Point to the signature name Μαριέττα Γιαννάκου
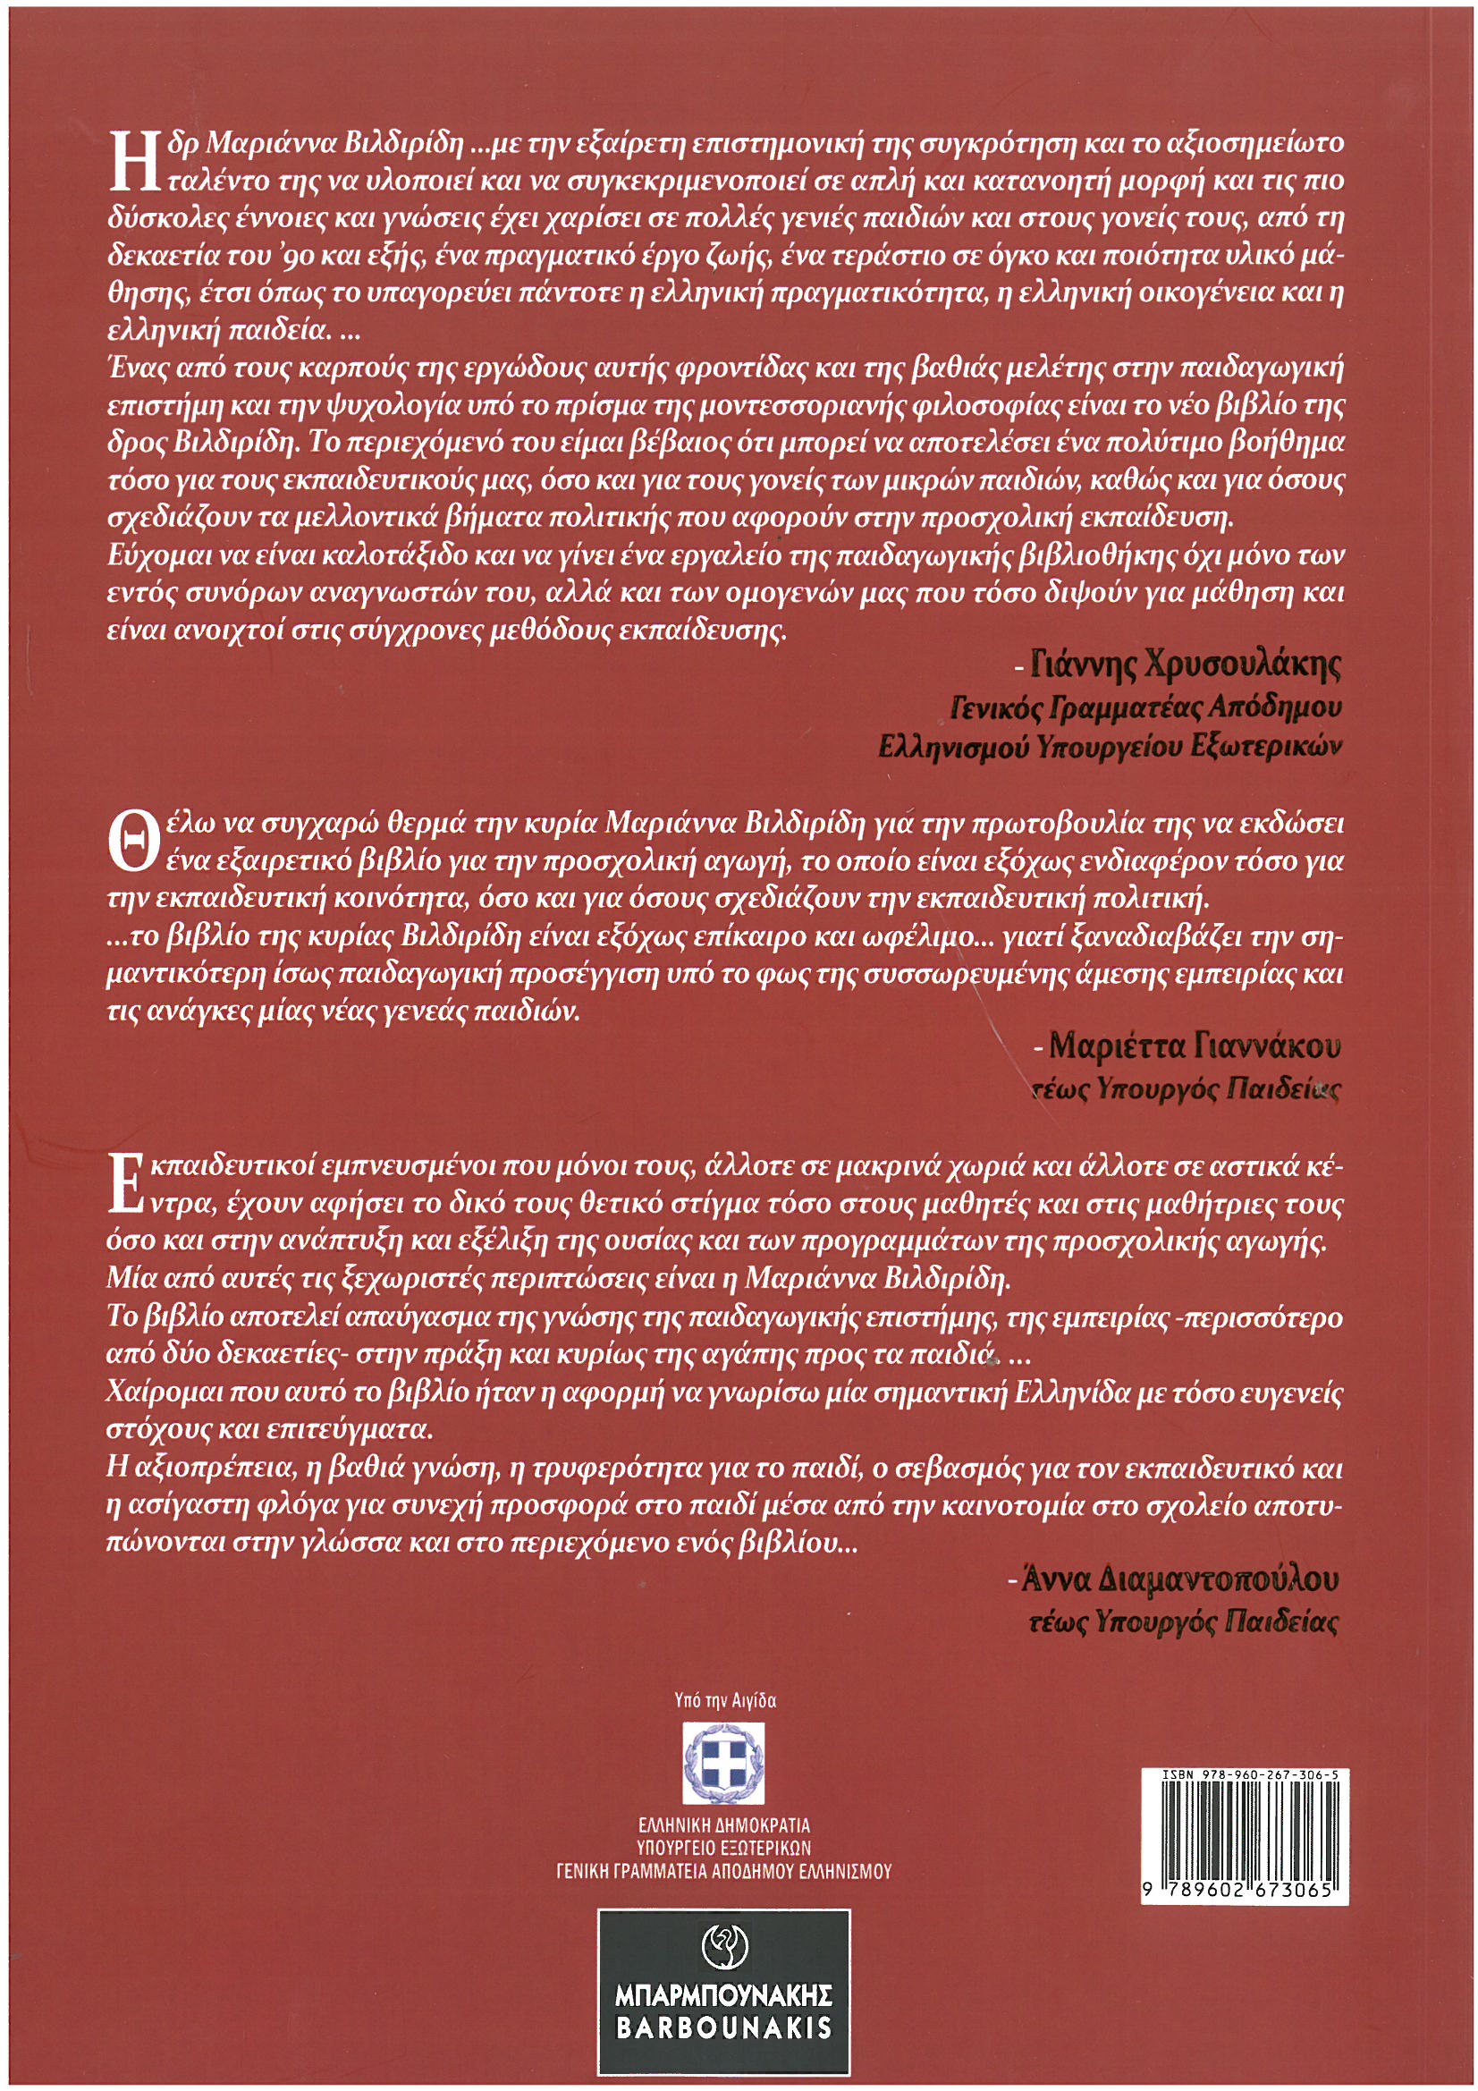coord(1195,1046)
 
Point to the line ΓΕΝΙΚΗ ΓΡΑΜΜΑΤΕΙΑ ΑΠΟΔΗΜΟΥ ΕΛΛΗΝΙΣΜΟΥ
coord(724,1871)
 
